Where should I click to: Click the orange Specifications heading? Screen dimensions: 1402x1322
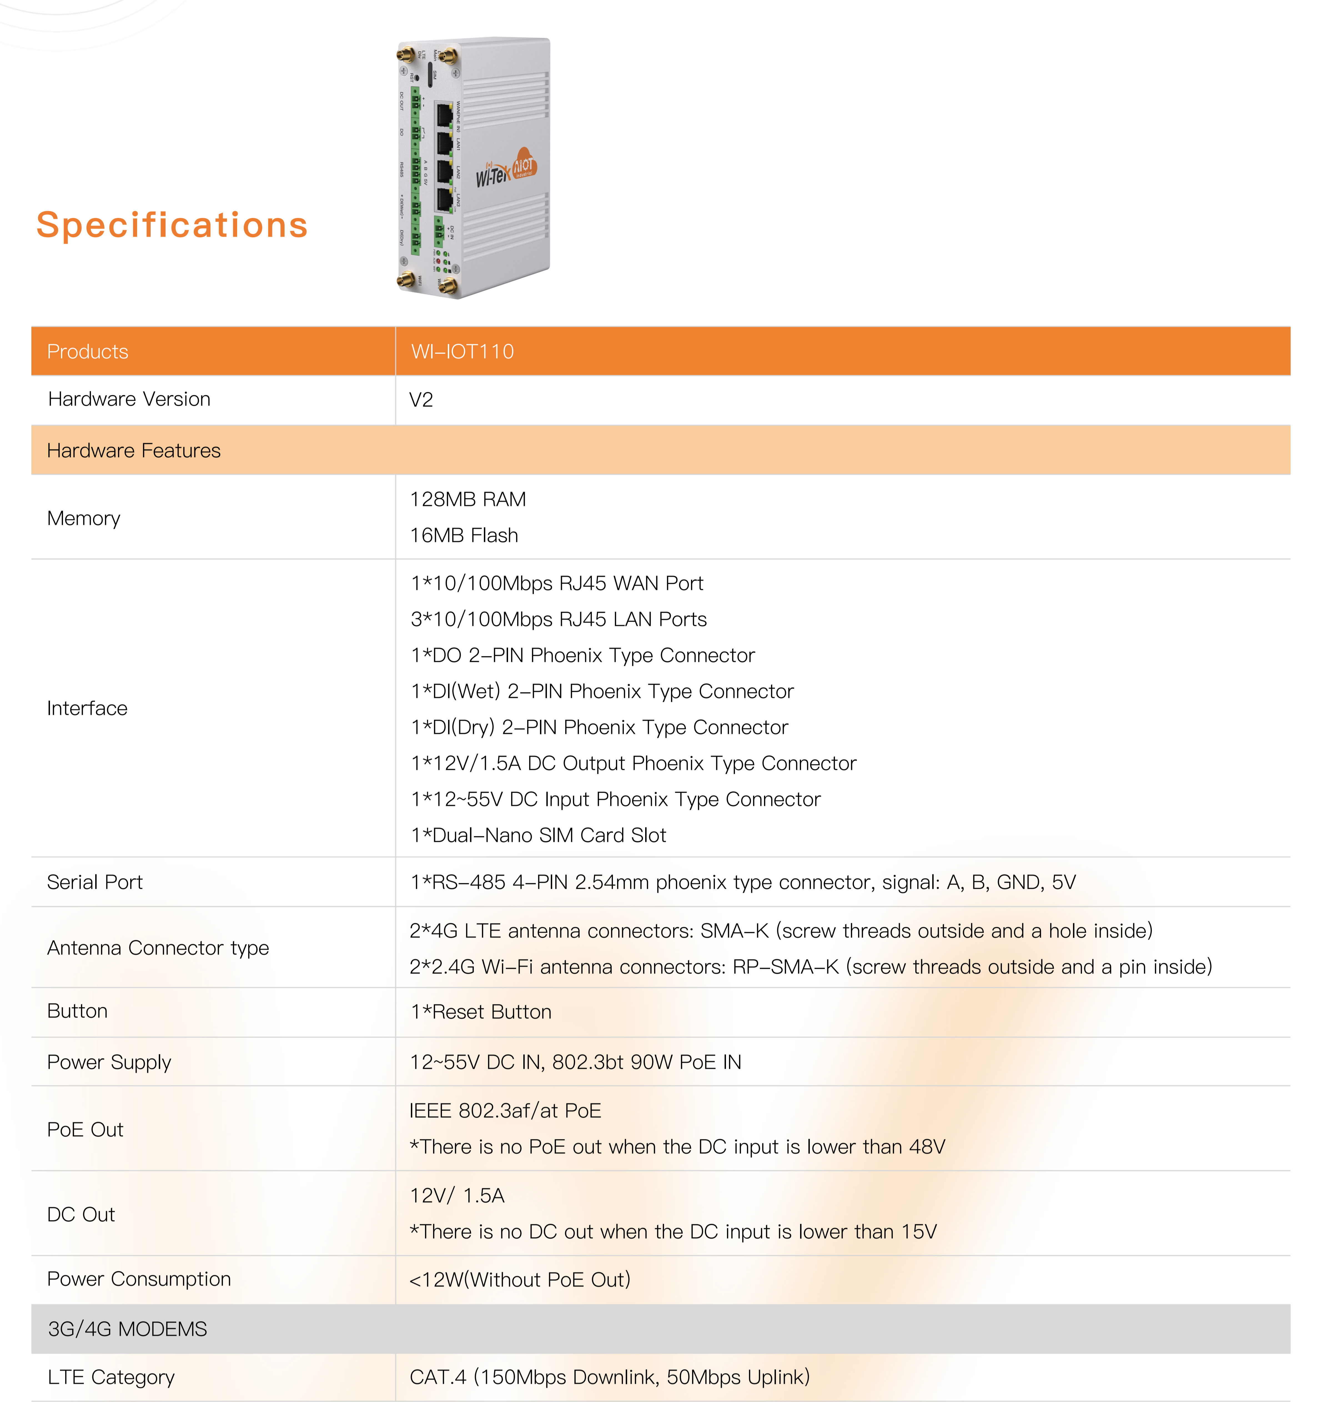[172, 225]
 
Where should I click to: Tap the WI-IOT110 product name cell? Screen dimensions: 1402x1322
[463, 351]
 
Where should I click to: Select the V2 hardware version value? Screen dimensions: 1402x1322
[421, 400]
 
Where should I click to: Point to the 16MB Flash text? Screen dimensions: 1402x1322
[464, 535]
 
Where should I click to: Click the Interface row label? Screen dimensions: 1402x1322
[87, 708]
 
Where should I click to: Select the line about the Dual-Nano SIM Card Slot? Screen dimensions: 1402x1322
[538, 835]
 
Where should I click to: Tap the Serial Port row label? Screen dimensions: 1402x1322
[94, 882]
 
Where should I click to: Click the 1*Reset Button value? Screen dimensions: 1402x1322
[481, 1012]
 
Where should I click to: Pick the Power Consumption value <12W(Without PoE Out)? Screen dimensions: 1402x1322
[520, 1279]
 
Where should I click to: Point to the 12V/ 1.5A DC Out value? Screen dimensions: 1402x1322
[457, 1195]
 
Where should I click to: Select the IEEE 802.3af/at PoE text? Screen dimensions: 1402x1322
[505, 1111]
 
